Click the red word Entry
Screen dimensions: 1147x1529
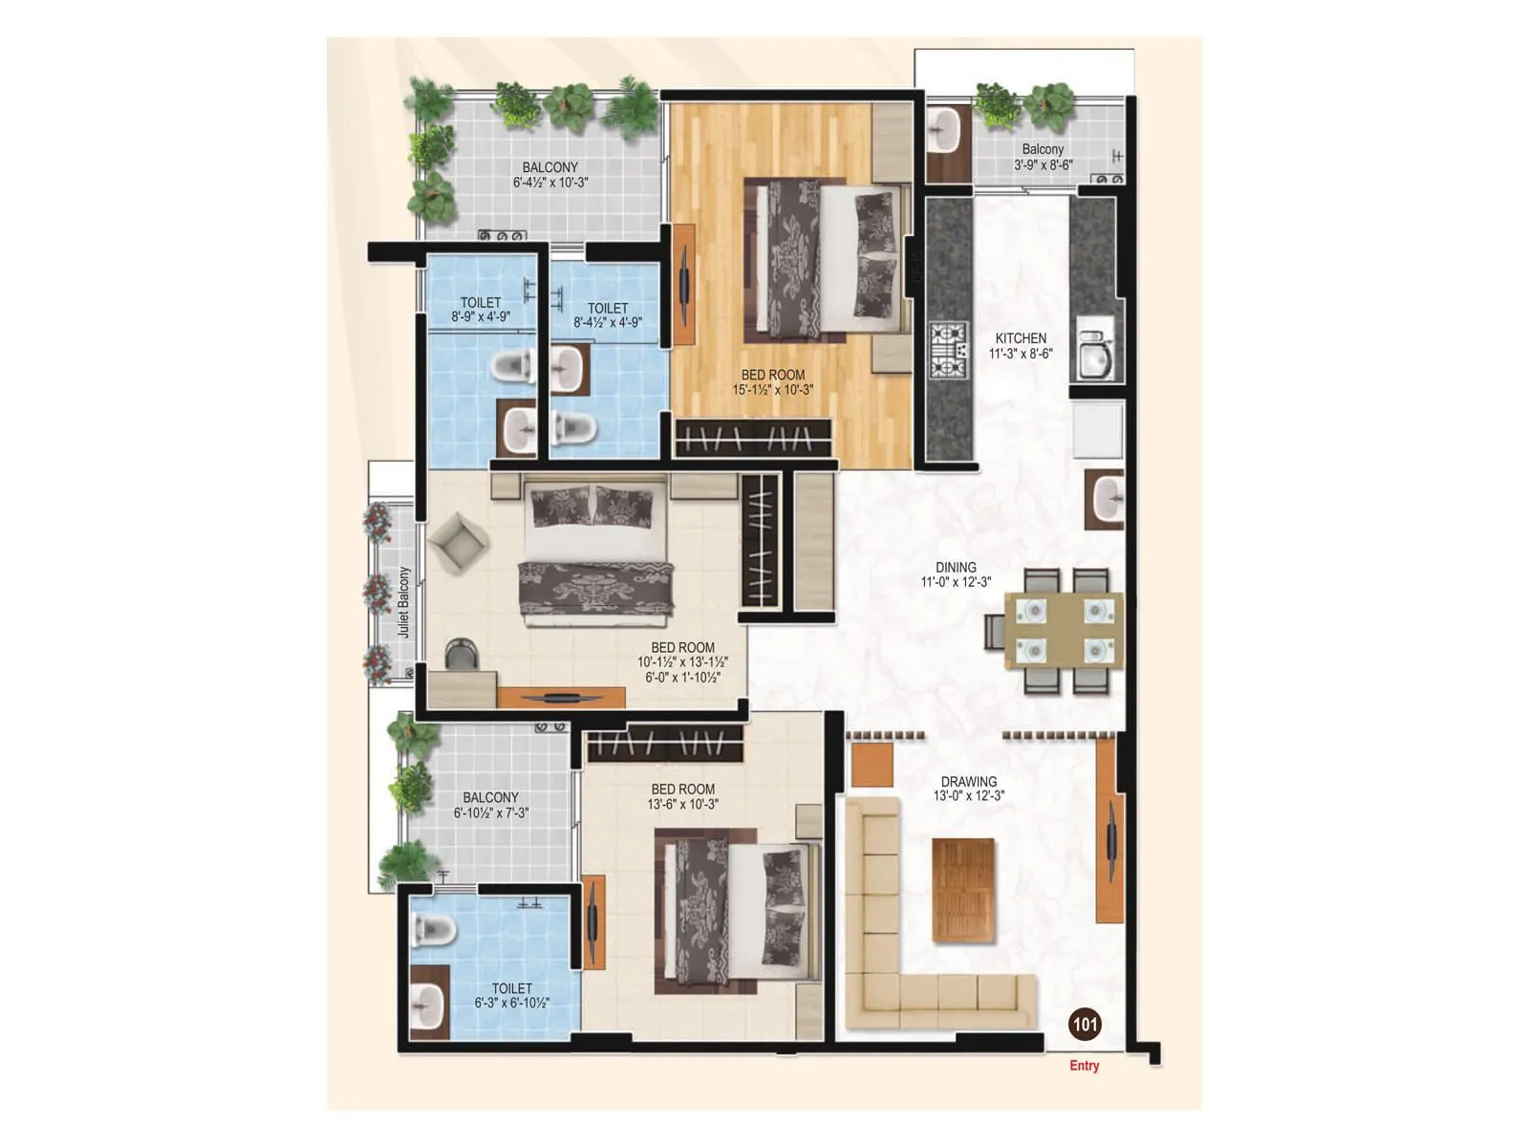[1084, 1066]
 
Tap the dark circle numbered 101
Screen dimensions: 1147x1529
[1085, 1025]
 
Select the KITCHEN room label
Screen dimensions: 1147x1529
[1021, 338]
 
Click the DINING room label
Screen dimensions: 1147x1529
[956, 568]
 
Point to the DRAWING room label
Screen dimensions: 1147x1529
[968, 782]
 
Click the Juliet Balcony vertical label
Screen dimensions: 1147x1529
[403, 602]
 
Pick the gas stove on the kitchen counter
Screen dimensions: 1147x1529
[948, 351]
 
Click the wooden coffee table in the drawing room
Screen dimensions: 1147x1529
[963, 890]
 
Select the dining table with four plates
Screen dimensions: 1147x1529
[1064, 630]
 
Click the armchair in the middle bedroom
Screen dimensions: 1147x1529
[459, 544]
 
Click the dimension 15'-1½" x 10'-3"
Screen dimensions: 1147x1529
[772, 390]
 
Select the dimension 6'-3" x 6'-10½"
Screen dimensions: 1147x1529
[511, 1004]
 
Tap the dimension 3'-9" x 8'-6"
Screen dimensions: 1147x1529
[1043, 164]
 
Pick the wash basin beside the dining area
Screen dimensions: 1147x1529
[1107, 499]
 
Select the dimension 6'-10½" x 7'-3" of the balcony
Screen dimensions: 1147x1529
[490, 813]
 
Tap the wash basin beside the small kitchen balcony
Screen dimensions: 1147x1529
[945, 132]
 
